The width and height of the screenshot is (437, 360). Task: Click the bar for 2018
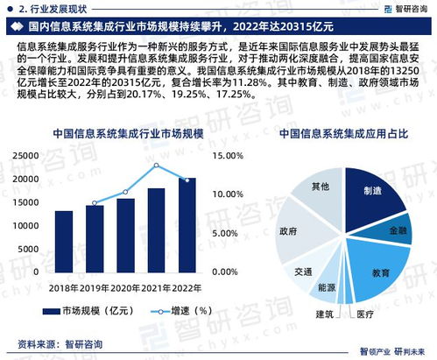64,242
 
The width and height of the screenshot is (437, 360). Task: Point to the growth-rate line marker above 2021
156,165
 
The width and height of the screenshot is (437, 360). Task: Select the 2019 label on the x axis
95,286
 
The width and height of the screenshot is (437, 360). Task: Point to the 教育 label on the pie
379,272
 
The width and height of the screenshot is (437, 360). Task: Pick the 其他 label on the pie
321,187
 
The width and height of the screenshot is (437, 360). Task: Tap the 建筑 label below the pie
325,314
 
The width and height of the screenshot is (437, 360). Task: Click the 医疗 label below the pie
364,314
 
